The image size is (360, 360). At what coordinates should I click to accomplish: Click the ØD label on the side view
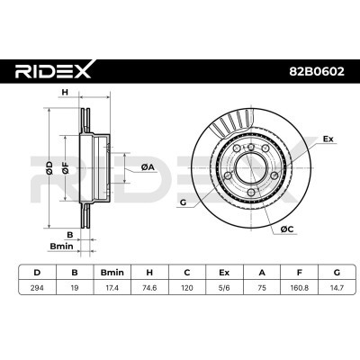pos(47,166)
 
